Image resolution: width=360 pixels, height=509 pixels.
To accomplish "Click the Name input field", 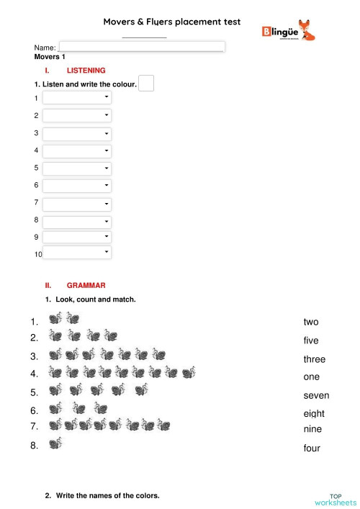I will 142,46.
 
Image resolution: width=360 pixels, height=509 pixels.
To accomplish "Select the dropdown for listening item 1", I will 77,97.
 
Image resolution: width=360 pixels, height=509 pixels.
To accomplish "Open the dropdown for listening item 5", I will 77,168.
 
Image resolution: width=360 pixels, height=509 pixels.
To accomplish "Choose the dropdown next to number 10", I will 77,253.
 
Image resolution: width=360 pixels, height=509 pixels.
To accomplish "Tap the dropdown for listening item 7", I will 77,204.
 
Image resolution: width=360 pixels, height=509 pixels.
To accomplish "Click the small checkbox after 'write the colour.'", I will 146,84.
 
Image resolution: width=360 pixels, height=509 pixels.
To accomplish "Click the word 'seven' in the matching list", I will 316,395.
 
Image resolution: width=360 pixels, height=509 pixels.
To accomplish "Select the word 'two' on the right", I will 310,322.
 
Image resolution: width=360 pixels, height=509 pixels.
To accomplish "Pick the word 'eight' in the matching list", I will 314,413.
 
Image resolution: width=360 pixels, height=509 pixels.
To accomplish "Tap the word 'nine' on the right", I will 312,429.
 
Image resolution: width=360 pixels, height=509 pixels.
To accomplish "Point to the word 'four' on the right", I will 312,448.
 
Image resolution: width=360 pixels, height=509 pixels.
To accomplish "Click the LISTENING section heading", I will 86,71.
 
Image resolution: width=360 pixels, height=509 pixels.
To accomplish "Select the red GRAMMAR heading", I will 86,285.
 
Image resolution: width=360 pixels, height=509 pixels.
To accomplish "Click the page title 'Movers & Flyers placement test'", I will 172,22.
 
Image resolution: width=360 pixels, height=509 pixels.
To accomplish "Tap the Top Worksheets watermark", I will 335,499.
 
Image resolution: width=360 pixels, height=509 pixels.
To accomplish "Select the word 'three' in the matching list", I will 314,359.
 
